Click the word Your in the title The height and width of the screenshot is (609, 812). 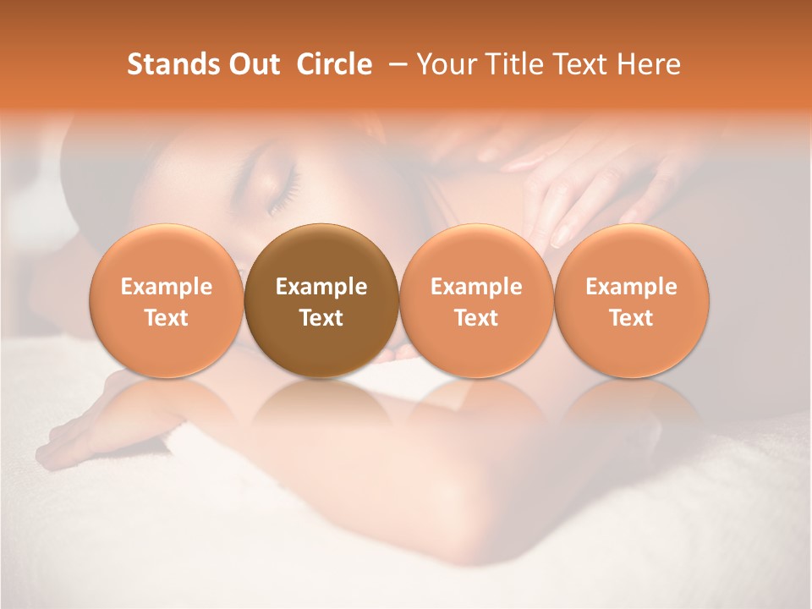coord(443,64)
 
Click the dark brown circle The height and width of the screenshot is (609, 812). coord(321,300)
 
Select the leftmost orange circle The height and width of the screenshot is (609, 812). coord(167,300)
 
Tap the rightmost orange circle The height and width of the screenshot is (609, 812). coord(631,300)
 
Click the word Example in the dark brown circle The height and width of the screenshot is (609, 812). coord(321,287)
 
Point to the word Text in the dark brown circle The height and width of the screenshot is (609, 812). coord(321,318)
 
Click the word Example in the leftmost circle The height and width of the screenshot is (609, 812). coord(167,287)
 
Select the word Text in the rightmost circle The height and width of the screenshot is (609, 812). coord(631,318)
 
